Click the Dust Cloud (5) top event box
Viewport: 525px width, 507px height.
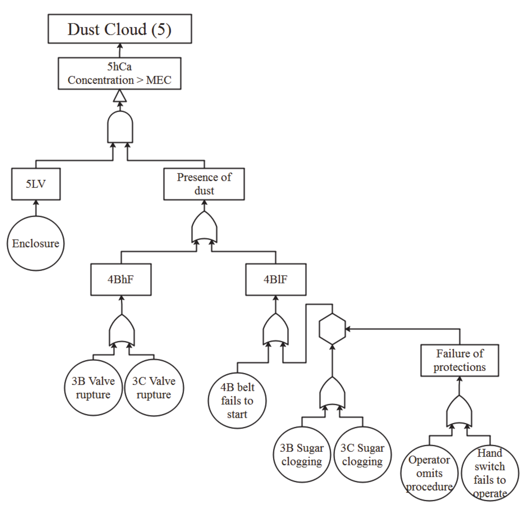coord(120,29)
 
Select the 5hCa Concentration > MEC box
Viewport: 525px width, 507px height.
coord(120,73)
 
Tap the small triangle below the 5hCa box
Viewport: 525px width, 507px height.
coord(120,96)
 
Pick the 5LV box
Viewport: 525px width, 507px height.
coord(36,184)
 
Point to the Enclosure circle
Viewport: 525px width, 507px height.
coord(36,244)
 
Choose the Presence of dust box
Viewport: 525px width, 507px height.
coord(204,184)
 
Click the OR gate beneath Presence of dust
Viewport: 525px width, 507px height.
coord(204,227)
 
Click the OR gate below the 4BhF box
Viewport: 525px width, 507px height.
coord(122,330)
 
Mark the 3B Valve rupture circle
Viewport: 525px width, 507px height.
coord(93,387)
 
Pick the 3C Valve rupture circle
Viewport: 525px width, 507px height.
coord(154,387)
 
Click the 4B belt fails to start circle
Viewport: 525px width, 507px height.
coord(237,401)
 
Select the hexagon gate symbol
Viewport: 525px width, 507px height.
coord(332,329)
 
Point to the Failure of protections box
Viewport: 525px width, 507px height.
coord(460,360)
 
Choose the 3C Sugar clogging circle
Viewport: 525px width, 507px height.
coord(363,455)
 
